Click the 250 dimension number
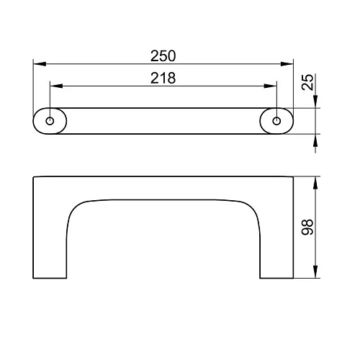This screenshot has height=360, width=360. [163, 55]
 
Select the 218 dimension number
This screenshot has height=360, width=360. [163, 78]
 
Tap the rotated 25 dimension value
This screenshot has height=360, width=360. [307, 82]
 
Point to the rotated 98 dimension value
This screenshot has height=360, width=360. [307, 227]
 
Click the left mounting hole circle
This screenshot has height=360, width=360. [50, 121]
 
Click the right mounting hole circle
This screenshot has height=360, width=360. [276, 121]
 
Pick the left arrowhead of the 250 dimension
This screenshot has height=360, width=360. [40, 64]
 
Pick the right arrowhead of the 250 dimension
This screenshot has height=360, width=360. [287, 64]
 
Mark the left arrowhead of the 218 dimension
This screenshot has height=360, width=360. [56, 86]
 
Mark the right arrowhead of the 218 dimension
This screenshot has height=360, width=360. [270, 86]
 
